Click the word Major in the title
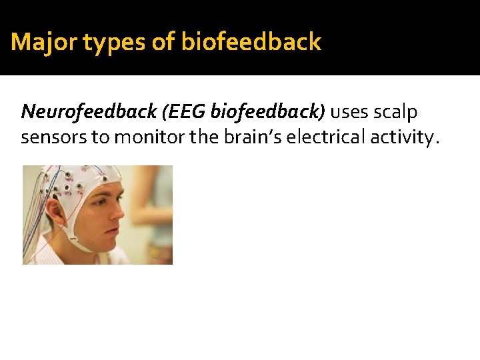[37, 43]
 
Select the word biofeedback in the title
[251, 43]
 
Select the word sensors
[51, 137]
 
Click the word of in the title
[163, 43]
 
